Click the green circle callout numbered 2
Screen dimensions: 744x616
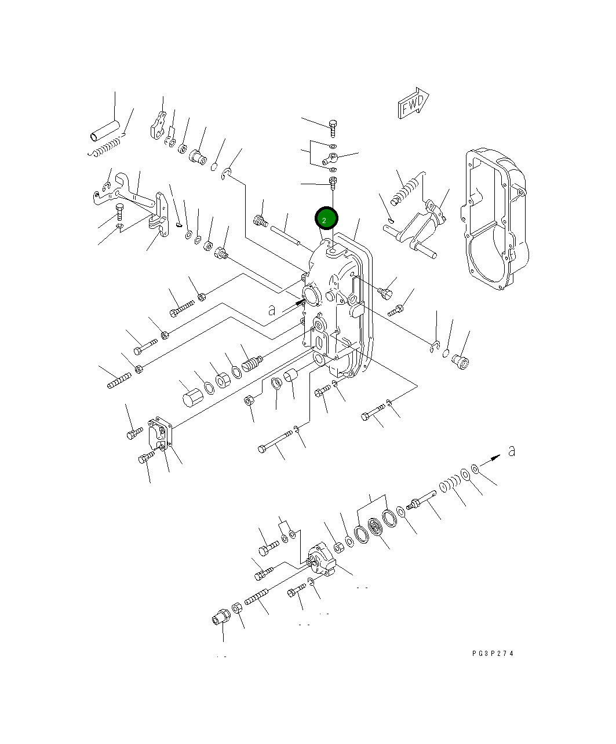coord(326,220)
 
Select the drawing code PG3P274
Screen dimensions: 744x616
coord(493,654)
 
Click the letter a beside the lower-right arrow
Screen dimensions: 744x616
coord(511,451)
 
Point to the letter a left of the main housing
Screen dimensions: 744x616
coord(272,310)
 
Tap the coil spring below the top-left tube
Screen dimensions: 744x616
coord(108,148)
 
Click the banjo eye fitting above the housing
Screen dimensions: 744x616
coord(332,157)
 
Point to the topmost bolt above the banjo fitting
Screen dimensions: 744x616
coord(333,125)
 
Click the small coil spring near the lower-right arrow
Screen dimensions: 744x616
coord(448,484)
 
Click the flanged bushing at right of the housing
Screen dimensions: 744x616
coord(461,361)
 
